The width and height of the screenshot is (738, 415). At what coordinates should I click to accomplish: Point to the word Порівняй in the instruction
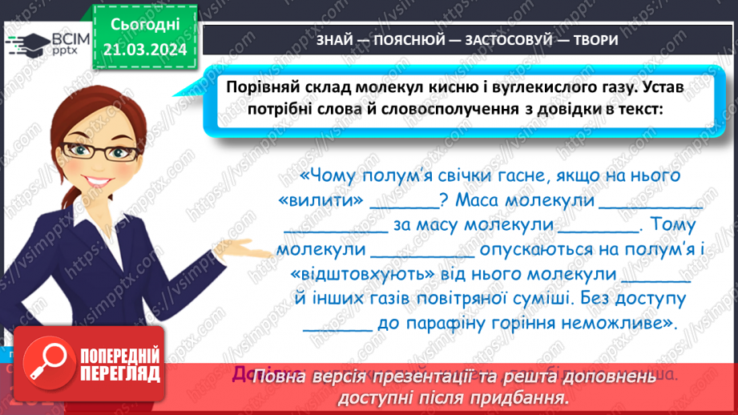pyautogui.click(x=264, y=87)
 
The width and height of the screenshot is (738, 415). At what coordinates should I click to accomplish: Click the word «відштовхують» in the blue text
pyautogui.click(x=365, y=274)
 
